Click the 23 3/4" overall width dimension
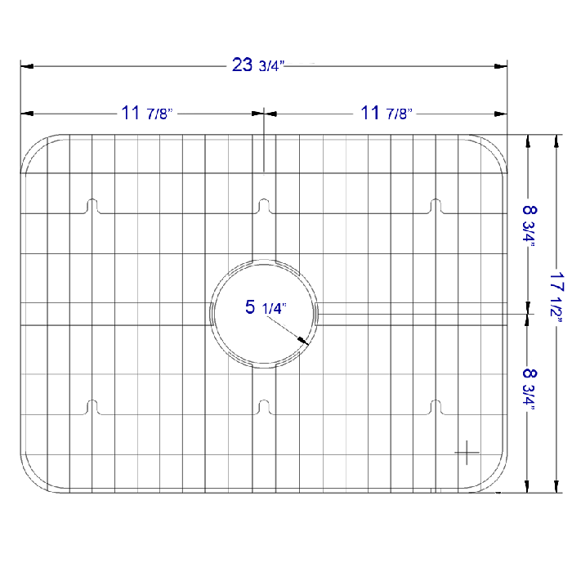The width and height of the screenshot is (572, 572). (x=256, y=65)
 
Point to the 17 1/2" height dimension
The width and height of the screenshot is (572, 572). (x=556, y=299)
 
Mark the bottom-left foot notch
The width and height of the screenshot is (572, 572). (x=92, y=406)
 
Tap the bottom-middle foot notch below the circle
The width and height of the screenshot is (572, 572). (x=263, y=406)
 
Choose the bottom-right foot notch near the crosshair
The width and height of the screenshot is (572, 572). (x=436, y=406)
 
